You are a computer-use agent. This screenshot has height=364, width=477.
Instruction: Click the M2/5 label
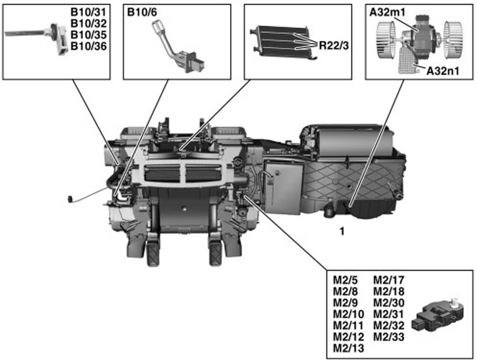tap(345, 280)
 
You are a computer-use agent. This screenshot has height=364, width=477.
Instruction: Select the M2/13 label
tap(348, 348)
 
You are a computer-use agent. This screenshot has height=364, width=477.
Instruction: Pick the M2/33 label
tap(388, 337)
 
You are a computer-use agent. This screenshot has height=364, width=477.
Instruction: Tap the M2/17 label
tap(388, 280)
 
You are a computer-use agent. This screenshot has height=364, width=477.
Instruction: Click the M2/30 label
tap(388, 303)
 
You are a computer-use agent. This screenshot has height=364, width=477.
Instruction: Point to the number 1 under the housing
tap(342, 232)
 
